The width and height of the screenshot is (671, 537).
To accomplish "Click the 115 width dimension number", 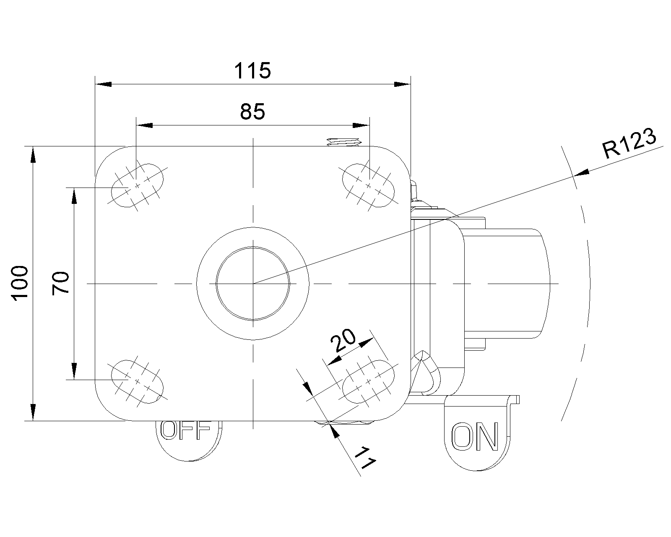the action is tap(252, 70).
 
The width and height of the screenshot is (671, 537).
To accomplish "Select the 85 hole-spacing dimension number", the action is tap(252, 112).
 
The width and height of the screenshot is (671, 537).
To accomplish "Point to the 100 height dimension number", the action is tap(20, 283).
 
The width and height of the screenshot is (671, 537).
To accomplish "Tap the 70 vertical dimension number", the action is tap(60, 283).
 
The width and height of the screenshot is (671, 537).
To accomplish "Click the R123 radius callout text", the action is tap(629, 143).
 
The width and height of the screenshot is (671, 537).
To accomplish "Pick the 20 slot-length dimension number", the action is tap(343, 340).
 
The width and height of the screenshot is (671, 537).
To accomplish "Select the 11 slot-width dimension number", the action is tap(365, 458).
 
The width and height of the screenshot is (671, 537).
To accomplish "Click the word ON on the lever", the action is tap(475, 437).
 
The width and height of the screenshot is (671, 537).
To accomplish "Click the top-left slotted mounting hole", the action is tap(138, 185).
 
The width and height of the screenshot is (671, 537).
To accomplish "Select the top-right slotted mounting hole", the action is tap(368, 185).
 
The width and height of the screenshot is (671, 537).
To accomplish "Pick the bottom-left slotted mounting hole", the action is tap(138, 381).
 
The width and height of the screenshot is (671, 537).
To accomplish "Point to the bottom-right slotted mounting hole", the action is tap(368, 381).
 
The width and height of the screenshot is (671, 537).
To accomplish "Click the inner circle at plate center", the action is tap(253, 283).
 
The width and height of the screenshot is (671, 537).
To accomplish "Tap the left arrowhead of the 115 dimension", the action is tap(103, 84).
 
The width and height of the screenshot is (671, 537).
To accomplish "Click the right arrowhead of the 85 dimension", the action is tap(361, 125).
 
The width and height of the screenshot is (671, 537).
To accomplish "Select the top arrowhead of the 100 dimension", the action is tap(33, 155).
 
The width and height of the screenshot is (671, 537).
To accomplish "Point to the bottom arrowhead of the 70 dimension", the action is tap(74, 371).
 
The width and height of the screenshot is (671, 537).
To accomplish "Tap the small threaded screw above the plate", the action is tap(343, 142).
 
